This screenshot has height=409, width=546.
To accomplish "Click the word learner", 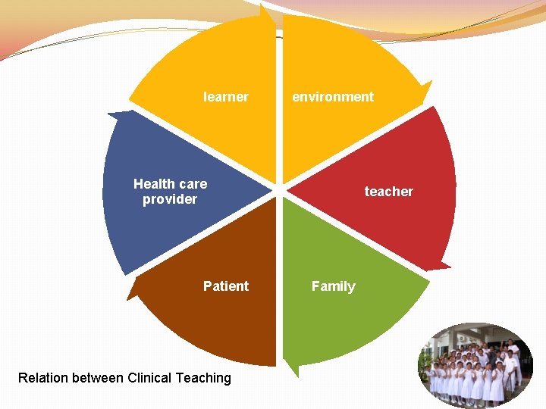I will coord(225,97).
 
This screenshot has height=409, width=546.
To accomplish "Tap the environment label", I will coord(333,97).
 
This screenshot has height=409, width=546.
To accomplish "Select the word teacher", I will coord(388,192).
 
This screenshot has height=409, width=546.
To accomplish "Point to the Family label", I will coord(333,286).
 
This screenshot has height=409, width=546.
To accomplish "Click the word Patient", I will coord(225,286).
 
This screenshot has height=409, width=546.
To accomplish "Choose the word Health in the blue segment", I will coord(153,183).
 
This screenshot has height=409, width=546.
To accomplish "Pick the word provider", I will coord(170,199).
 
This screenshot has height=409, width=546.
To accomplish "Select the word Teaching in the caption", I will coord(204,378).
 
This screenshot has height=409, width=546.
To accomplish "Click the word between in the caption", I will coord(99,378).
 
